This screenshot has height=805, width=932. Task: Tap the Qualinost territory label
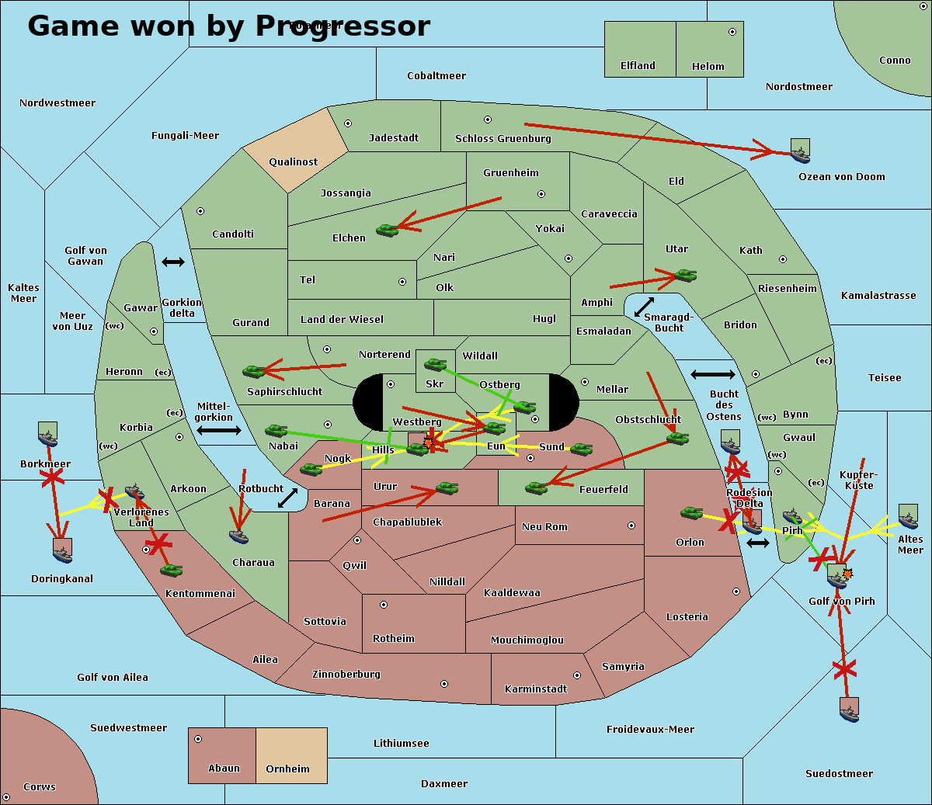[293, 162]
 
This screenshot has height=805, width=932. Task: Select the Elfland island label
[638, 66]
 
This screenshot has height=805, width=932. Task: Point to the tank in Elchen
[387, 230]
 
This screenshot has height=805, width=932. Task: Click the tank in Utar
[685, 275]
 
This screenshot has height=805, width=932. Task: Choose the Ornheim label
[287, 769]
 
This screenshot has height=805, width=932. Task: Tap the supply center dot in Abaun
[198, 739]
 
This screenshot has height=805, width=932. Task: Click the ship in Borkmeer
[48, 435]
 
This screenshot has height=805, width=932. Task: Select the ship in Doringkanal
[62, 550]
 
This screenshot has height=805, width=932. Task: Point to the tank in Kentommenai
[171, 570]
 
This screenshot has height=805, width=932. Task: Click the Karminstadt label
[536, 689]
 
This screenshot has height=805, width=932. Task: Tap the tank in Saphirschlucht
[254, 372]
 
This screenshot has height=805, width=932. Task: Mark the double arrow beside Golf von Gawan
[173, 262]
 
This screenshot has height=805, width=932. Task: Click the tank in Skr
[435, 363]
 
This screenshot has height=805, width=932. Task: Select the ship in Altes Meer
[908, 516]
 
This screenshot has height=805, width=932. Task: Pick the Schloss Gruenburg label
[503, 139]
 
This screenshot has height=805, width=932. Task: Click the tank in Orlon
[691, 513]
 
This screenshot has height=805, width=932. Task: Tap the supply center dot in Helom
[732, 32]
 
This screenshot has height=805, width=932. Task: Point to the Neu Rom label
[544, 527]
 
